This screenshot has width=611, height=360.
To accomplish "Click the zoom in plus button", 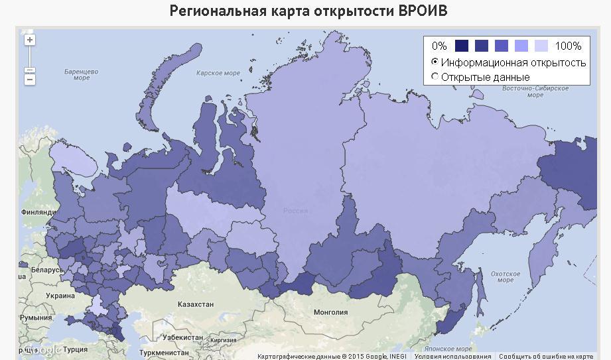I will (30, 40).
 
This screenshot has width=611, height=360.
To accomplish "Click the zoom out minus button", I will (30, 80).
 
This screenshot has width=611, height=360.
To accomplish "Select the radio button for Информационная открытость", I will (435, 62).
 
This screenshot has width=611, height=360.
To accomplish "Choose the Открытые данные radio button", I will (435, 77).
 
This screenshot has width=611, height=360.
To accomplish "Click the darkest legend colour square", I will (462, 46).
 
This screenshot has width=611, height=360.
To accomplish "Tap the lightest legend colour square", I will (541, 46).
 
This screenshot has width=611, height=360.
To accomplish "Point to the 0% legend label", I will (439, 46).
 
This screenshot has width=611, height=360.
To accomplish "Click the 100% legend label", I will (568, 46).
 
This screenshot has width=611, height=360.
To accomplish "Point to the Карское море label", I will (218, 73).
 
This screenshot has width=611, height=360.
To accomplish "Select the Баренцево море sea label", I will (82, 74).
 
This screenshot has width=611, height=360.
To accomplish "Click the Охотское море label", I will (506, 276).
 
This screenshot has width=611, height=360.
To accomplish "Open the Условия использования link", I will (453, 356).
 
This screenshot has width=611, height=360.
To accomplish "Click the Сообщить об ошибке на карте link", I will (546, 356).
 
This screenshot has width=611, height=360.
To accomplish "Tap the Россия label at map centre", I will (296, 211).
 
